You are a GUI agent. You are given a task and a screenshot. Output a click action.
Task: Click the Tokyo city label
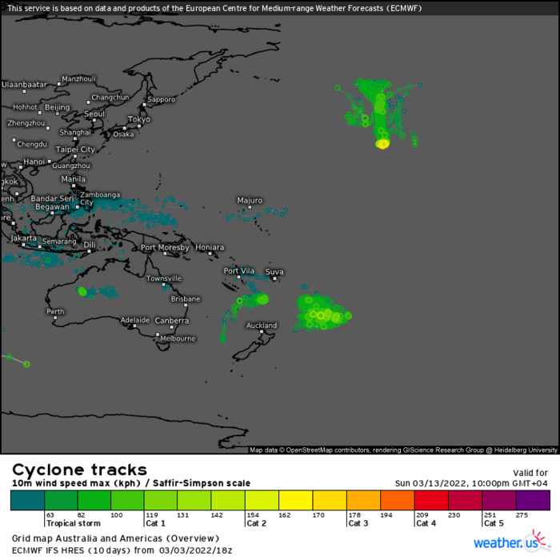click(139, 119)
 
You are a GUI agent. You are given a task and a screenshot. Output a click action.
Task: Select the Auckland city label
click(261, 326)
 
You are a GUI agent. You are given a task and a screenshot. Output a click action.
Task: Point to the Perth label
click(55, 311)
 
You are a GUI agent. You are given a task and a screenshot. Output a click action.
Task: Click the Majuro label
click(250, 200)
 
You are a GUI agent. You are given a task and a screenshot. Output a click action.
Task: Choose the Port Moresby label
click(165, 247)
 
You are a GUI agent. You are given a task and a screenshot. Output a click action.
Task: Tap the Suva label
click(274, 272)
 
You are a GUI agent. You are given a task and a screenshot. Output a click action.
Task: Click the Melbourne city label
click(178, 338)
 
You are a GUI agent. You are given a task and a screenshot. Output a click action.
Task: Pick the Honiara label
click(210, 247)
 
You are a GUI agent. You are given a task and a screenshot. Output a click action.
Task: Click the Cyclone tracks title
click(79, 470)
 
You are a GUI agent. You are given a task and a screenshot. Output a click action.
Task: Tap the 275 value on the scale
click(523, 515)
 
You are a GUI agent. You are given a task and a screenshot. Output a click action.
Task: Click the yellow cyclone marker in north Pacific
click(382, 144)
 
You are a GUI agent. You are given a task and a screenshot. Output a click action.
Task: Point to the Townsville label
click(163, 278)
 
